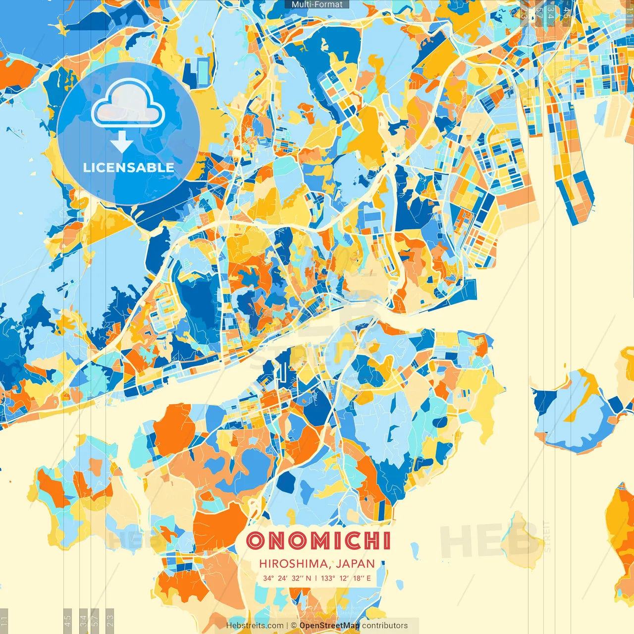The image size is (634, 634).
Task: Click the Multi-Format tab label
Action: point(317,4)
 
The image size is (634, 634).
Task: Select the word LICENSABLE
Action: point(129,167)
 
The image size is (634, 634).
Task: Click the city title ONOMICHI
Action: point(318,541)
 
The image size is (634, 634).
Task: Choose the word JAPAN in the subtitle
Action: point(356,564)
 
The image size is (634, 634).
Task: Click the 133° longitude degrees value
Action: point(327,578)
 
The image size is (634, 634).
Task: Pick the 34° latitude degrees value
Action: point(268,578)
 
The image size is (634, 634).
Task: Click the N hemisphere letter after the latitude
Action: point(309,578)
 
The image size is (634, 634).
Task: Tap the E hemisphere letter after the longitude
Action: point(369,578)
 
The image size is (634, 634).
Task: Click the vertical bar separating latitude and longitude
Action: point(317,578)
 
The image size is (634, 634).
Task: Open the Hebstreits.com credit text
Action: point(255,626)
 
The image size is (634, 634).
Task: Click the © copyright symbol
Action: point(294,626)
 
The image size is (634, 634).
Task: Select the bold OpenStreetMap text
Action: point(329,626)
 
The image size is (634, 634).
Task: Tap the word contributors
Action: point(385,626)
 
